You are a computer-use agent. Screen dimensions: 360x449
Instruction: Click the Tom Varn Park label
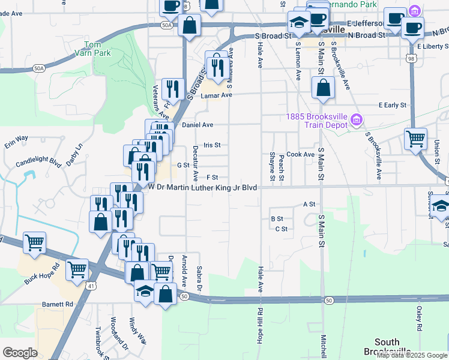(x=92, y=49)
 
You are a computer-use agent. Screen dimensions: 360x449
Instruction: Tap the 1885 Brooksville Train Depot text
(x=318, y=121)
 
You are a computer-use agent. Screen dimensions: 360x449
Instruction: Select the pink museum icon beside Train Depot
(x=357, y=121)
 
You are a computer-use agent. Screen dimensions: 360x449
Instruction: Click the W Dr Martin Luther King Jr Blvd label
(x=203, y=188)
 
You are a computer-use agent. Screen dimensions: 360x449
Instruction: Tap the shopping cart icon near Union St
(x=415, y=139)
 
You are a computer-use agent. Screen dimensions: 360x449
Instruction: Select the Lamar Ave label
(x=216, y=95)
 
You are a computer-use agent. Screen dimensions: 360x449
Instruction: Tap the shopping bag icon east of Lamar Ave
(x=323, y=88)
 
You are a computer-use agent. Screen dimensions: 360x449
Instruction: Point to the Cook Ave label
(x=300, y=154)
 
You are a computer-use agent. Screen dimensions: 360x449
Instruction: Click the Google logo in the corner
(x=20, y=353)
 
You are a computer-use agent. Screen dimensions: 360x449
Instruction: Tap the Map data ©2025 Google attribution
(x=412, y=355)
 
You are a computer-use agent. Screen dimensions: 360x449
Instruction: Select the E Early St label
(x=393, y=105)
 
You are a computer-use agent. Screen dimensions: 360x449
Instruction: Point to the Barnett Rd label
(x=58, y=304)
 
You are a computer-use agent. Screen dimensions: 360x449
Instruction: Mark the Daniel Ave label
(x=197, y=125)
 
